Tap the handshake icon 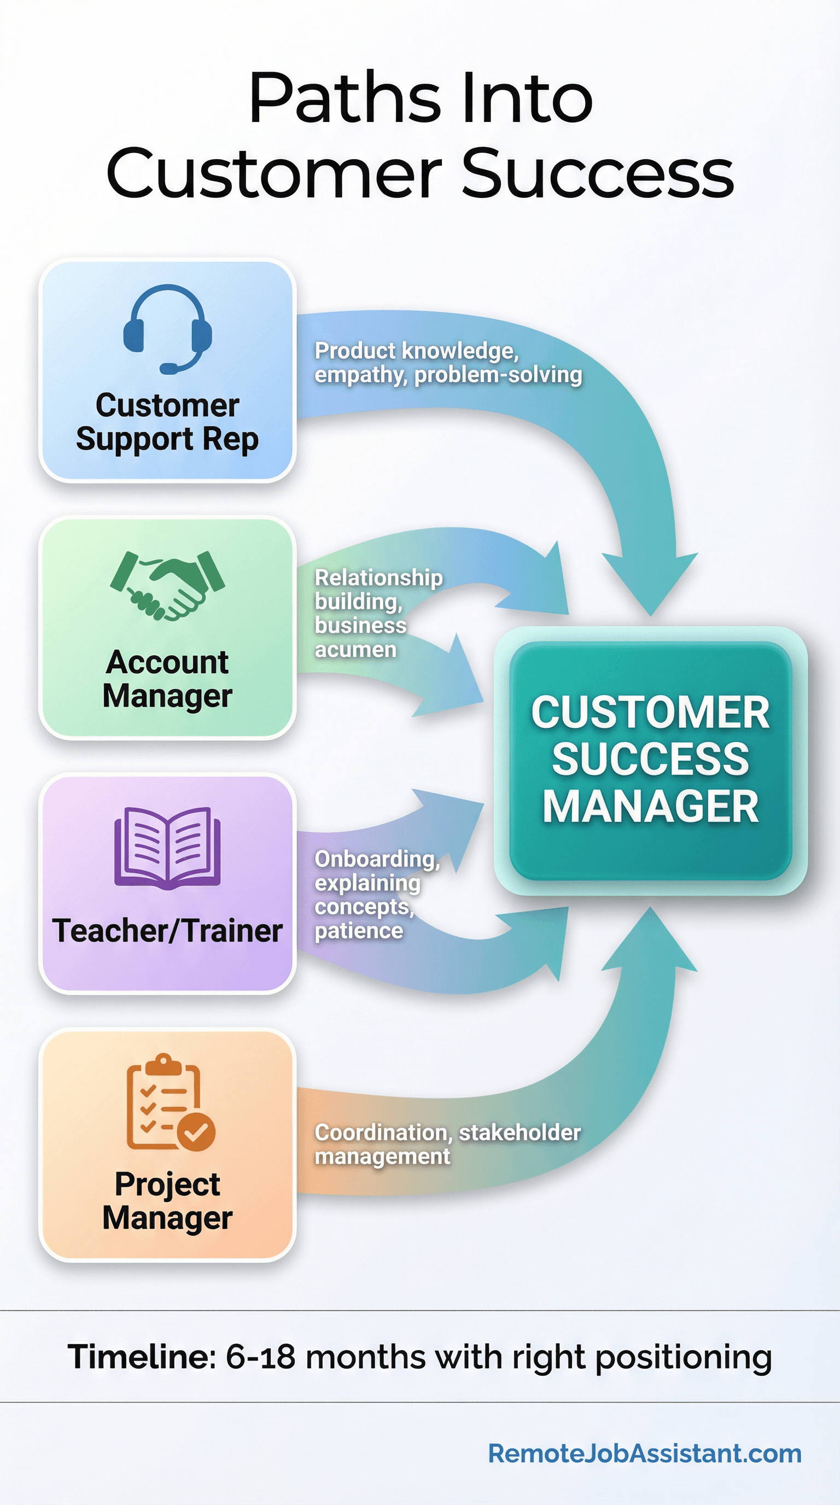167,585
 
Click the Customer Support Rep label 167,422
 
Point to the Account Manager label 167,679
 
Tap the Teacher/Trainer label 167,931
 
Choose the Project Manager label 167,1200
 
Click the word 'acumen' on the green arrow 355,650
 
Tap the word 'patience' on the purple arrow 359,931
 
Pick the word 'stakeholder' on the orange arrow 520,1132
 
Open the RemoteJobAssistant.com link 644,1454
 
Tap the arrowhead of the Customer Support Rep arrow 650,584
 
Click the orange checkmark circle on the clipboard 196,1132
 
